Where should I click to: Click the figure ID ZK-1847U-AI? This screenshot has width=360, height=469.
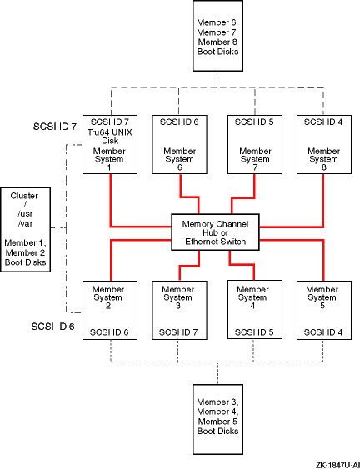pos(337,465)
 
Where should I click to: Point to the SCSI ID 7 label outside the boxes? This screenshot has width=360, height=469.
pos(55,127)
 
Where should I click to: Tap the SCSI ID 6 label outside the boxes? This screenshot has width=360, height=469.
pos(52,327)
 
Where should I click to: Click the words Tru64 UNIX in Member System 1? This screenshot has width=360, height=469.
pos(110,132)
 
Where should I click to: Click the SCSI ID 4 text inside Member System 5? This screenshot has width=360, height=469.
pos(323,332)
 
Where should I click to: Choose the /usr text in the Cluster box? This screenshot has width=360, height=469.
pos(25,214)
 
